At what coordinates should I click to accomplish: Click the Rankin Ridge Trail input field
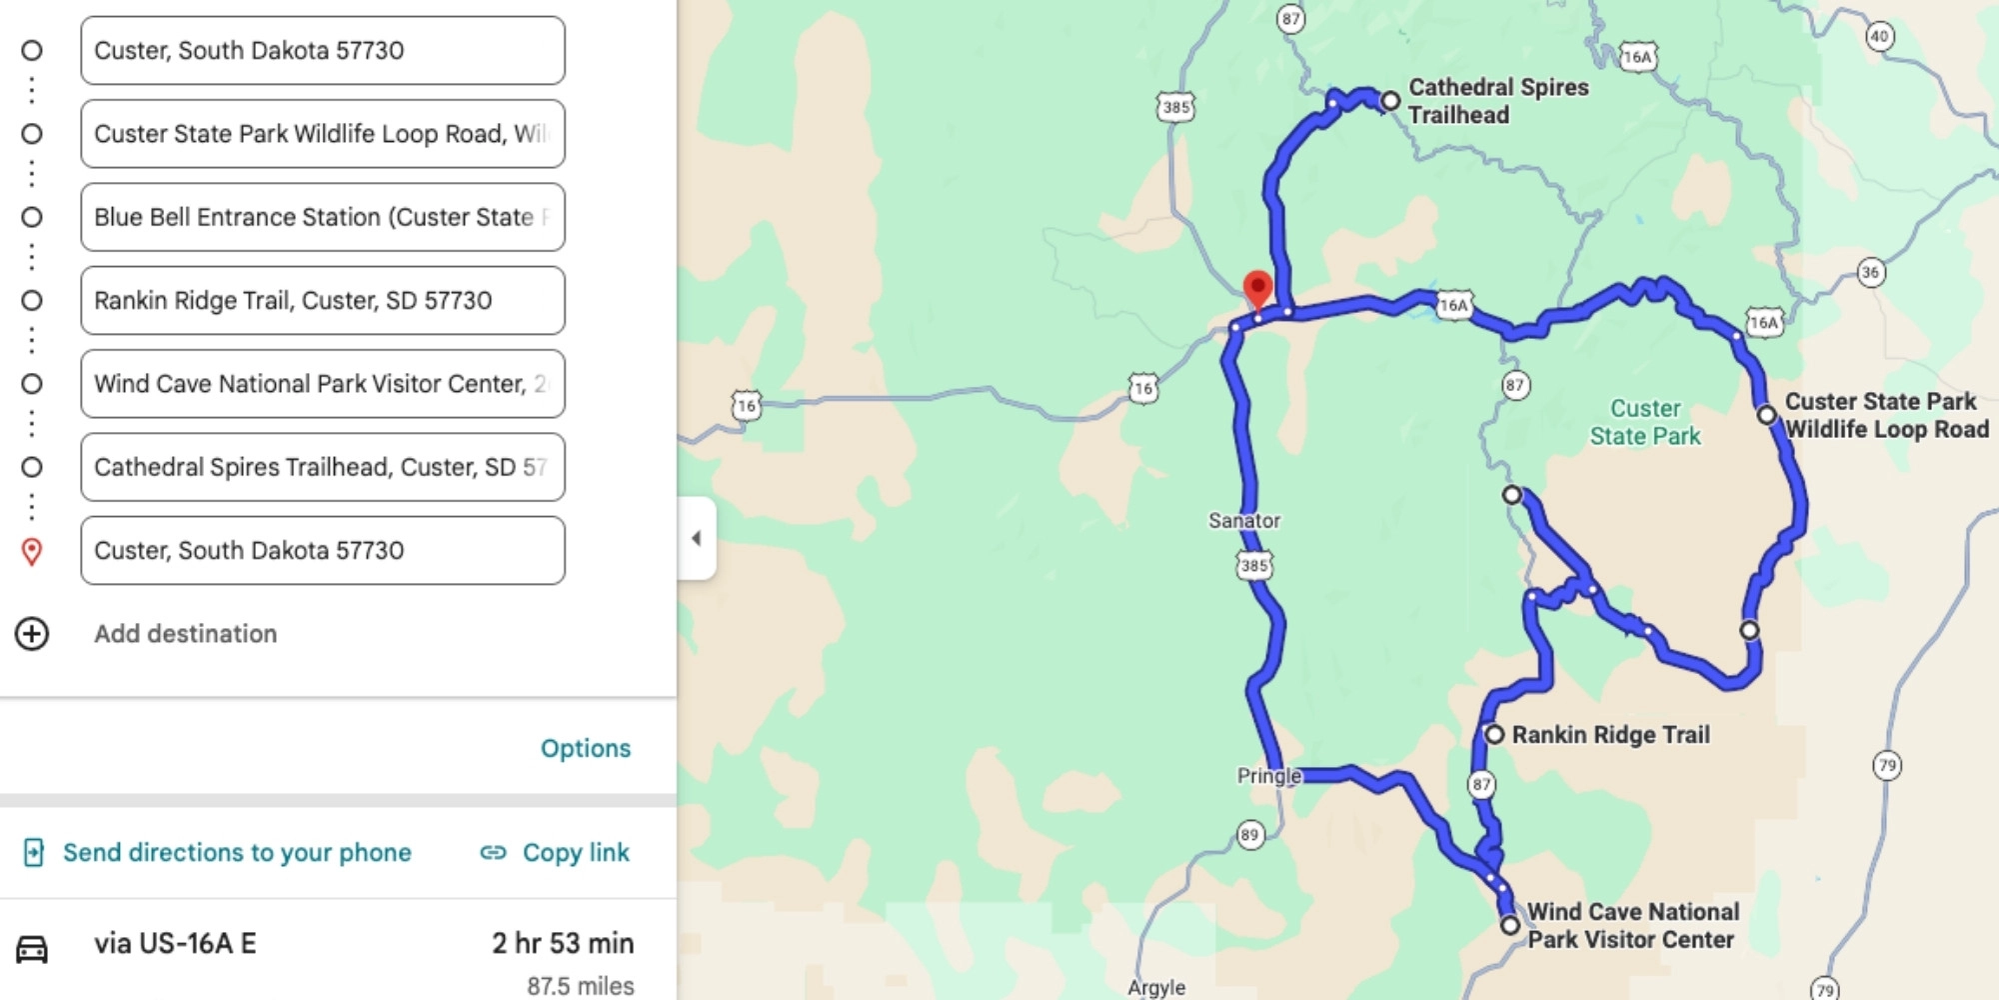[322, 300]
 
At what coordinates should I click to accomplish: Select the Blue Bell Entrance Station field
[322, 217]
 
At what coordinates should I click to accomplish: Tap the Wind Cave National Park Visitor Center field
[322, 384]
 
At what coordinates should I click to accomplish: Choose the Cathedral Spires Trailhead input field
[322, 467]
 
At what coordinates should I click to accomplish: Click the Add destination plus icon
[32, 634]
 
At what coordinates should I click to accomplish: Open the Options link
[585, 748]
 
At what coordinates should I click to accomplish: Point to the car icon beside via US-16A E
[32, 948]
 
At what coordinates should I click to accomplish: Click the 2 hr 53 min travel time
[563, 943]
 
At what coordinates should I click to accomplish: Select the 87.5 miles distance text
[580, 986]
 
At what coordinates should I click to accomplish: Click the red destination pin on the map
[1257, 288]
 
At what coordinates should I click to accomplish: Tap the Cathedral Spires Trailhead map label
[1497, 101]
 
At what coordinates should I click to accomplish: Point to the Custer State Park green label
[1645, 422]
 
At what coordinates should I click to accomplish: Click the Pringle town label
[1268, 776]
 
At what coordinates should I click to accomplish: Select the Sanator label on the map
[1243, 521]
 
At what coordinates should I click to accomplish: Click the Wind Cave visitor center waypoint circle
[1510, 925]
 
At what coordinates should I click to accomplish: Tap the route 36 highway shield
[1871, 272]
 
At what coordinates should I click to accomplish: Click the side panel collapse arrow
[697, 538]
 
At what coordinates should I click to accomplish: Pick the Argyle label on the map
[1156, 988]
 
